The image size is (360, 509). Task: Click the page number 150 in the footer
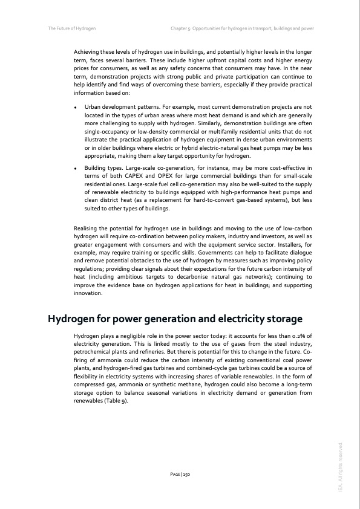pos(180,475)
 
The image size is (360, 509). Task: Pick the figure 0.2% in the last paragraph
pos(298,335)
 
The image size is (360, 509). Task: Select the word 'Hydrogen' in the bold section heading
pos(74,319)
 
